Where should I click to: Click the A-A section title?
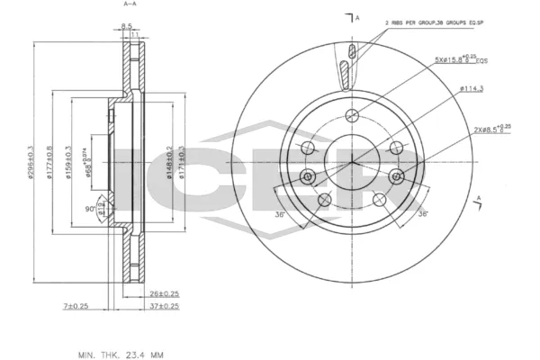(129, 5)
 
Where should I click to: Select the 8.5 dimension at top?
(127, 26)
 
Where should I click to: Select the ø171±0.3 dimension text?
(181, 162)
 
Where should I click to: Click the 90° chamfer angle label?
(89, 209)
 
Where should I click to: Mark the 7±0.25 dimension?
(75, 306)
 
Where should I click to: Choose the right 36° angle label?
(421, 213)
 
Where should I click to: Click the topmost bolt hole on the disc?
(352, 113)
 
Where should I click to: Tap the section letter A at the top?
(357, 18)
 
